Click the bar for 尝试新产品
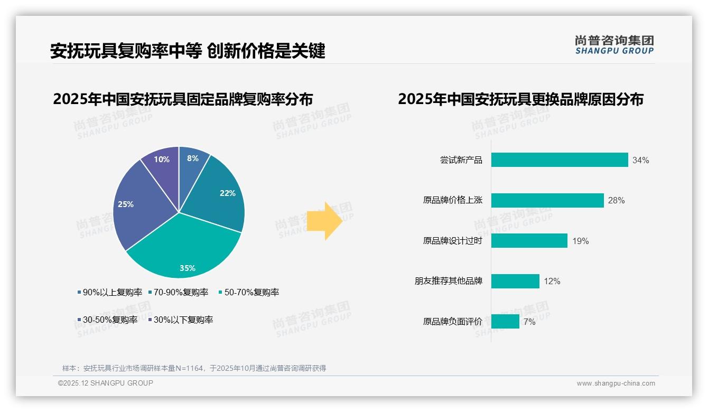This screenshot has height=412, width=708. coord(559,160)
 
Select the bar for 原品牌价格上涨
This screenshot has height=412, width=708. coord(547,201)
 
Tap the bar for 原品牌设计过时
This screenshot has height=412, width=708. coord(529,241)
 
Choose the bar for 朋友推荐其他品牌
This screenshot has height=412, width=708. coord(515,281)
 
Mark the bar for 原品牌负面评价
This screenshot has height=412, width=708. coord(505,321)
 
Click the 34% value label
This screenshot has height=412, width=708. coord(640,161)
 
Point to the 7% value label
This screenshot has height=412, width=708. coord(529,322)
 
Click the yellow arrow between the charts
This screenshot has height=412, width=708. coord(324,220)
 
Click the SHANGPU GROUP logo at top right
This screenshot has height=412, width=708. coord(614,45)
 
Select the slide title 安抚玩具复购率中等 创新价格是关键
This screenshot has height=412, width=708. coord(188,51)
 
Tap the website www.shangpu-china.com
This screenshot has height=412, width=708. coord(616,383)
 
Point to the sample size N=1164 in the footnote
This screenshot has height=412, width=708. coord(188,368)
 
